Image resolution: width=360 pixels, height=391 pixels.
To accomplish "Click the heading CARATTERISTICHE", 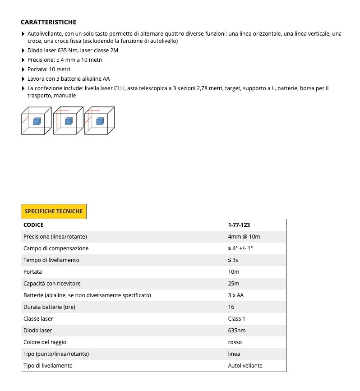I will click(x=48, y=22).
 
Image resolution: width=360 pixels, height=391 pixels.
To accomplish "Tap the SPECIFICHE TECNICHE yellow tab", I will click(x=53, y=211).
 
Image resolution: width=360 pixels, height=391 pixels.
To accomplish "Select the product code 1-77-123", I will click(x=239, y=225).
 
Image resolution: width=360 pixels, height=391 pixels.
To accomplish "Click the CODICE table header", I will click(x=33, y=225).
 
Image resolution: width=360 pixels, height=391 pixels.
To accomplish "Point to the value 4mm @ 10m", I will click(x=244, y=236).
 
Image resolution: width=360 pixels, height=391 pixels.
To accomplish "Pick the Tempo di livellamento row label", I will click(x=51, y=260).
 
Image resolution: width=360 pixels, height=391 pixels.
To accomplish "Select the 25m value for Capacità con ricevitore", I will click(x=234, y=283).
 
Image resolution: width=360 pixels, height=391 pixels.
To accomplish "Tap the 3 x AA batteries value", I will click(x=236, y=295).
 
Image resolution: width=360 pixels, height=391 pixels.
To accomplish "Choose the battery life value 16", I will click(x=231, y=307).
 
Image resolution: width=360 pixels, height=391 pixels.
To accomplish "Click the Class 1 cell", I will click(x=237, y=318).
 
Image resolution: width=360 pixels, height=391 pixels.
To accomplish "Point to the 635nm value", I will click(x=237, y=330).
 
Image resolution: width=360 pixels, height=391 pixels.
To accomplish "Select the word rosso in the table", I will click(x=235, y=342).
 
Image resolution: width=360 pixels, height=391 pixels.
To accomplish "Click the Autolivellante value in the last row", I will click(x=245, y=365).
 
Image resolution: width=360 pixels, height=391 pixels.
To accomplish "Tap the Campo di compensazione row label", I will click(x=56, y=248).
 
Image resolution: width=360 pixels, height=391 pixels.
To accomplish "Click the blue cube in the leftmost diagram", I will click(x=37, y=121).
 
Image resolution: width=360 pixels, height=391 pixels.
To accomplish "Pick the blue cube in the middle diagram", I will click(x=69, y=121).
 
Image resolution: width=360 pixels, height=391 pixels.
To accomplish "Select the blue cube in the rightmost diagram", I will click(x=100, y=121).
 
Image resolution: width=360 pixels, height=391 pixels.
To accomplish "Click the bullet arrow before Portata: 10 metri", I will click(x=23, y=69).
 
